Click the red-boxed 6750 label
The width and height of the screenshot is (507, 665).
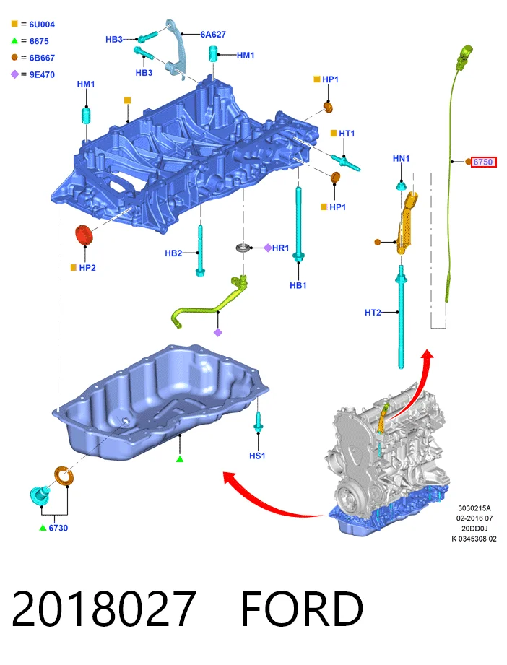483,162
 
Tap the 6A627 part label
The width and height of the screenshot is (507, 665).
213,35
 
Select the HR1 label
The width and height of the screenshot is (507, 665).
280,248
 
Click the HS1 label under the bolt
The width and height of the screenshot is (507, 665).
257,456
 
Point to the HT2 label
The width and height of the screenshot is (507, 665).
373,313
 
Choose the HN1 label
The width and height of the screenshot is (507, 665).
401,159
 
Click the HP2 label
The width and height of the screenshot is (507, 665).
87,268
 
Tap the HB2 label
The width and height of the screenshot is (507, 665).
173,253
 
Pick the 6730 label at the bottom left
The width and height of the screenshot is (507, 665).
58,528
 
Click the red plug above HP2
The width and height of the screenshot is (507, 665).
84,235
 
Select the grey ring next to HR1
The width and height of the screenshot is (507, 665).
243,248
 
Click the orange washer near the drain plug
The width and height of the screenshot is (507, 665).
64,477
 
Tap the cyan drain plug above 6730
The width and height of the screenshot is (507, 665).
40,495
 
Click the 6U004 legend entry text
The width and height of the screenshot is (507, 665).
42,25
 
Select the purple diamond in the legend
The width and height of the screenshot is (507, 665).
15,74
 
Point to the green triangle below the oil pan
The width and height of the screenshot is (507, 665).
180,459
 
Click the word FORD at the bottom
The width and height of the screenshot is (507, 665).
302,609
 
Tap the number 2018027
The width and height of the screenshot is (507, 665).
103,609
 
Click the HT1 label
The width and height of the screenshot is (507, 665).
347,134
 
